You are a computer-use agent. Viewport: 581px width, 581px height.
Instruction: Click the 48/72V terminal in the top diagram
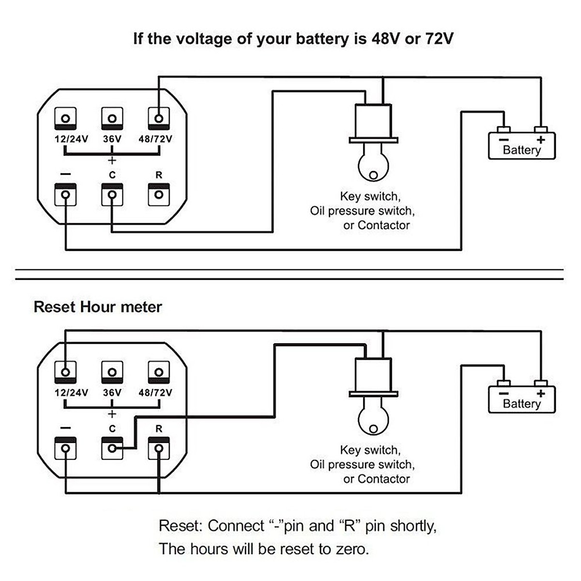point(158,118)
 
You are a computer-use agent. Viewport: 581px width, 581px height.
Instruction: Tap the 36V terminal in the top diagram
point(112,118)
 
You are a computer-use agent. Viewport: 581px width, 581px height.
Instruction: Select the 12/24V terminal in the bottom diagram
point(65,372)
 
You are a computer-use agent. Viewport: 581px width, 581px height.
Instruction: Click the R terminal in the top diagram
point(158,195)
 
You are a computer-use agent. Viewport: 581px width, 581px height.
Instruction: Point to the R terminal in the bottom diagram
point(158,448)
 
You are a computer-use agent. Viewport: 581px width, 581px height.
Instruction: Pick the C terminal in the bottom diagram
point(112,448)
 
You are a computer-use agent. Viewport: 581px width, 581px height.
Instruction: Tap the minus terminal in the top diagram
point(65,195)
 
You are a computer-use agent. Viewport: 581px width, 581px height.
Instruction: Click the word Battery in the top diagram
point(521,150)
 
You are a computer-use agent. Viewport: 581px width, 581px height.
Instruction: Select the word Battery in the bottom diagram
point(521,404)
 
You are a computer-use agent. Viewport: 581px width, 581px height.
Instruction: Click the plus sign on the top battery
point(541,140)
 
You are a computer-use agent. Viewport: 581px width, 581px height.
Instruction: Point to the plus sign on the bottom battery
point(541,394)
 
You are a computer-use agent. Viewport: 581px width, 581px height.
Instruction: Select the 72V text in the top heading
point(439,39)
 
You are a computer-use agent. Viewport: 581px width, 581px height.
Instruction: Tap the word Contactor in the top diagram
point(383,225)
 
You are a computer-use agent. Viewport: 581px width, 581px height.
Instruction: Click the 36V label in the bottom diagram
point(112,393)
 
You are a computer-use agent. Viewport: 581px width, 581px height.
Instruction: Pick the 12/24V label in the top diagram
point(71,139)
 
